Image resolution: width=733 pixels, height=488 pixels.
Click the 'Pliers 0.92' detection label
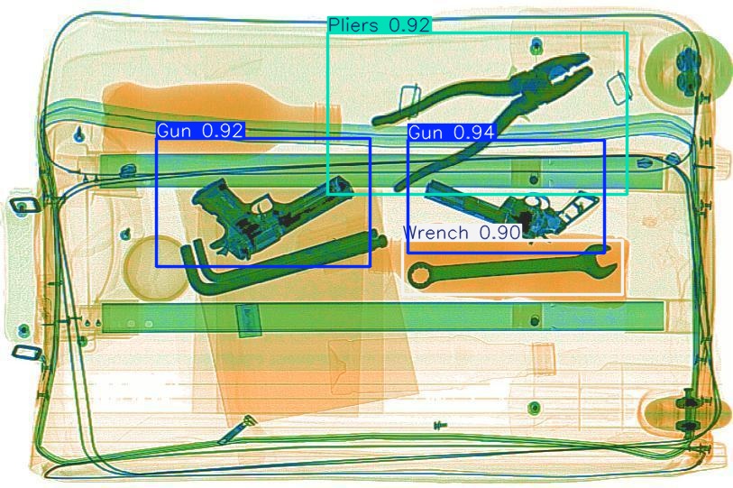point(379,25)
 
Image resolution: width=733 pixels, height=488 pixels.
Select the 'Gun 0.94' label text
point(451,133)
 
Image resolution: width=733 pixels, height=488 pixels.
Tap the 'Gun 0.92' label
point(200,131)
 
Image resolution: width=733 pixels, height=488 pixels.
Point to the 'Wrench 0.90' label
point(461,233)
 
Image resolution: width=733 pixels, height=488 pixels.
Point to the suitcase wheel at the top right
point(686,64)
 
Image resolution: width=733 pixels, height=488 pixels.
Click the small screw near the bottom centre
point(440,424)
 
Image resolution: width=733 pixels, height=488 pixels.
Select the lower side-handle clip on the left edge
point(24,351)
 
